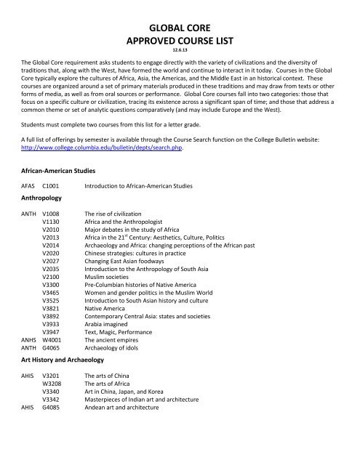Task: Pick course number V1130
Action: [51, 225]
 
